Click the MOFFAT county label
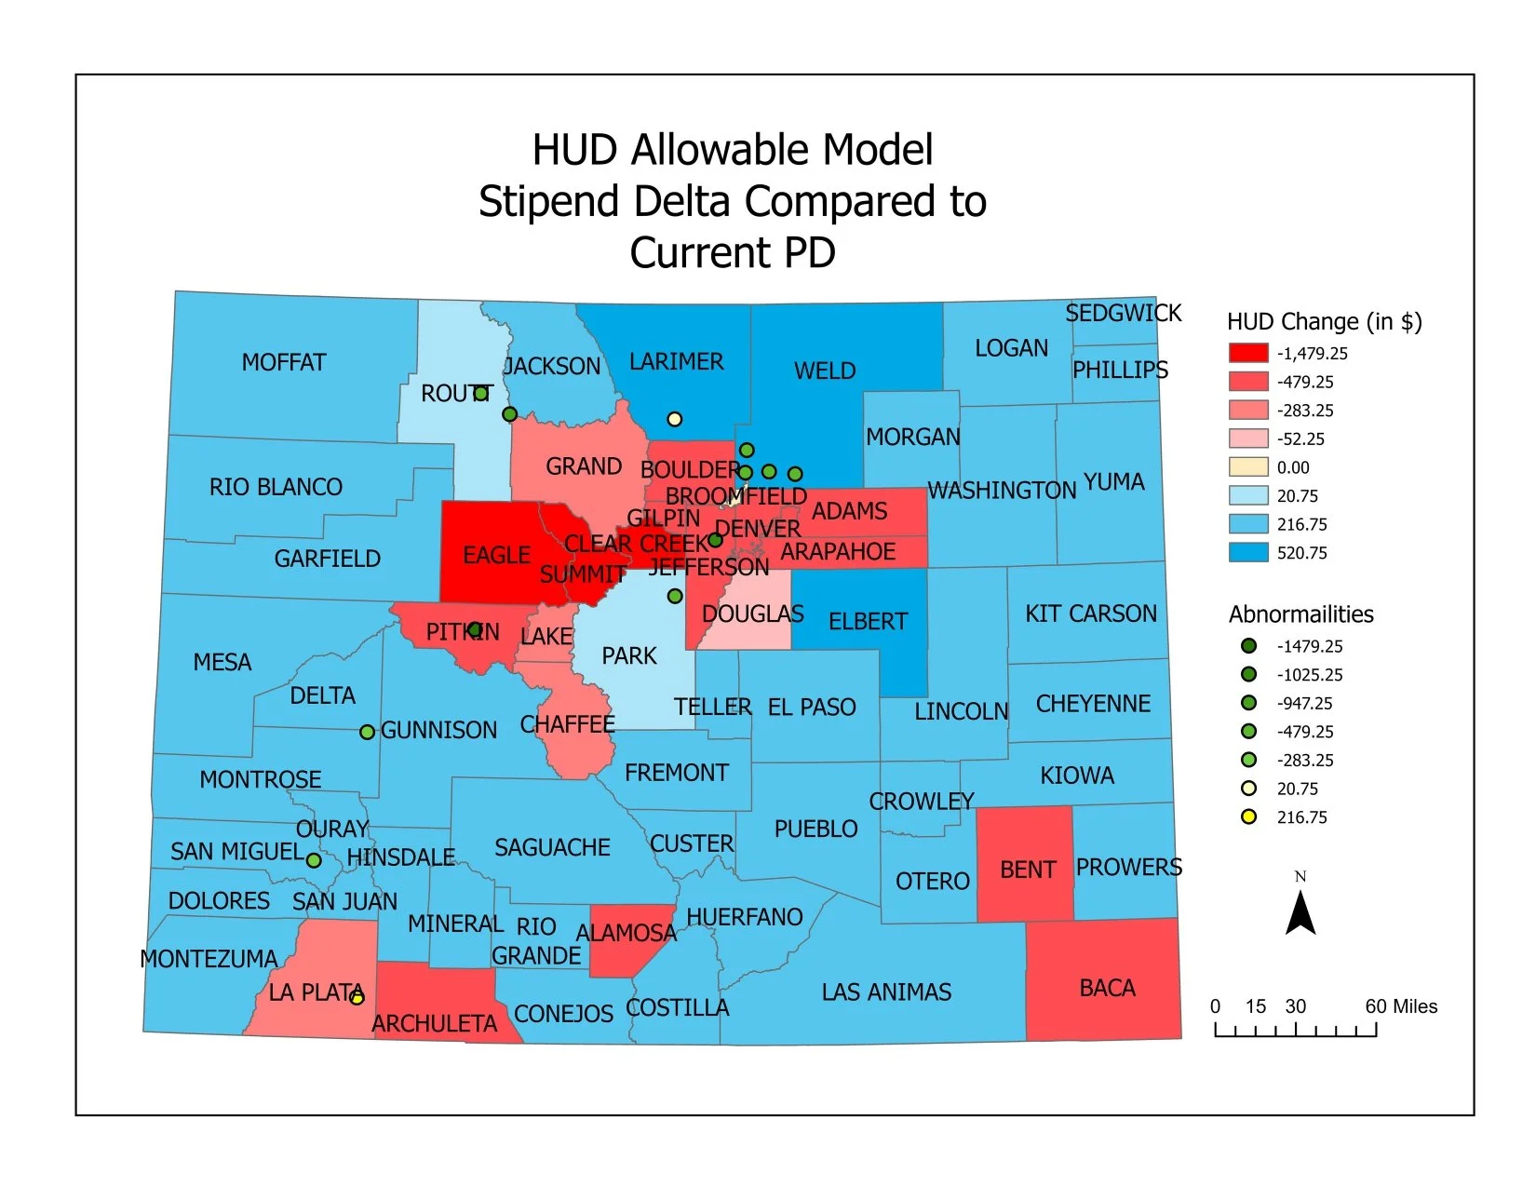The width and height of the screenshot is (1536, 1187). coord(284,362)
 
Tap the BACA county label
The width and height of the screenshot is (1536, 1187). coord(1107,988)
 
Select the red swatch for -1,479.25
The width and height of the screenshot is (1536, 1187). coord(1248,353)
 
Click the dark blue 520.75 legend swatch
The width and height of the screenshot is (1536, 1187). coord(1248,552)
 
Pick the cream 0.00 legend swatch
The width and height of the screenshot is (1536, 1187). coord(1248,467)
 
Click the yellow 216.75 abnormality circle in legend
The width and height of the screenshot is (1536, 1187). coord(1249,816)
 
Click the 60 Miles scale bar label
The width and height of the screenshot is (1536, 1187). coord(1401,1006)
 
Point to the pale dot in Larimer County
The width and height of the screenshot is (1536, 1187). coord(675,419)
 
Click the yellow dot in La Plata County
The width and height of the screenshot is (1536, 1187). coord(357,998)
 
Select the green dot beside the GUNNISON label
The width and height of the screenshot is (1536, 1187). coord(368,733)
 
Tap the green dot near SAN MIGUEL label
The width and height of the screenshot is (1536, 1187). coord(314,860)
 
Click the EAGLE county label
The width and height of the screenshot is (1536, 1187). coord(496,556)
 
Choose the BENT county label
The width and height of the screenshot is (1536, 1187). coord(1028,870)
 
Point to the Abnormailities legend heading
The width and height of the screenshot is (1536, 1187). coord(1300,614)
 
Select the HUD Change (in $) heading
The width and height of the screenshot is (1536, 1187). coord(1324,322)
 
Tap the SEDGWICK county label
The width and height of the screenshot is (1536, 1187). coord(1123,313)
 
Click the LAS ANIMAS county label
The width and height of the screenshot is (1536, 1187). coord(886,992)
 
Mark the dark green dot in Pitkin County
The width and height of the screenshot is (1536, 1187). coord(475,630)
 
